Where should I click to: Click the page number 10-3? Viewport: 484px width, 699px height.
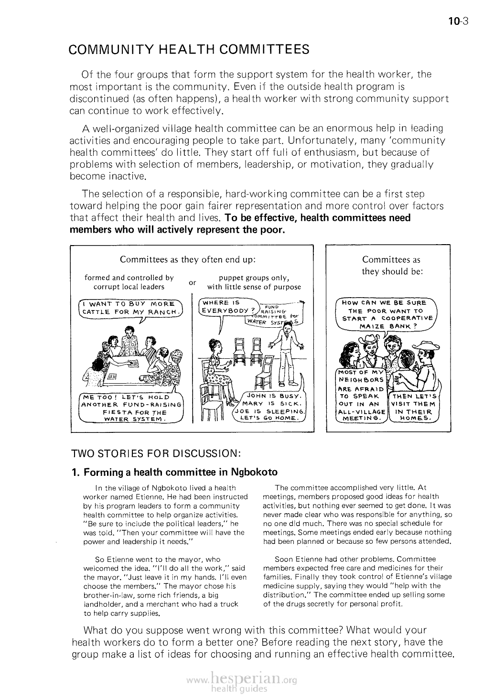click(x=460, y=21)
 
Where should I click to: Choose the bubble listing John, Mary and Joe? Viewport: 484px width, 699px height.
click(x=271, y=408)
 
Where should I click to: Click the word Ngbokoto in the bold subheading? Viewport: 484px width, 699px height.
click(x=254, y=473)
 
